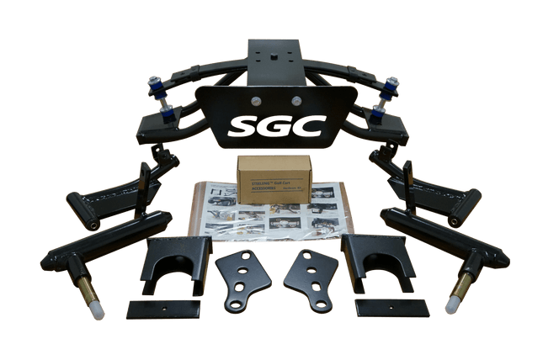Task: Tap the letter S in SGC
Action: [x=241, y=127]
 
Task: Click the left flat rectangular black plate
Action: [x=163, y=309]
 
